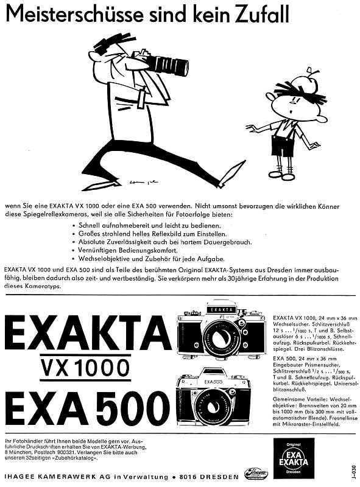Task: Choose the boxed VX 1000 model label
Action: (86, 367)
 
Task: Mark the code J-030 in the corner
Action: (353, 472)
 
